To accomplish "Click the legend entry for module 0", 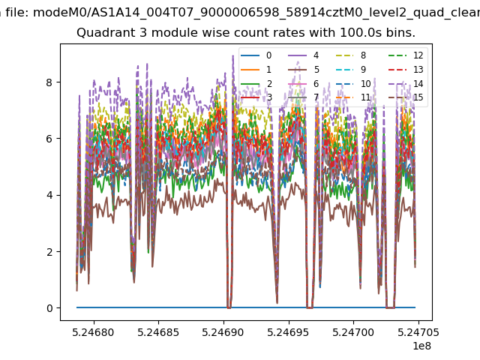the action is point(256,55).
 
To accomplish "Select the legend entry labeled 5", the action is point(303,70).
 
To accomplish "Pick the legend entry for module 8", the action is point(351,55).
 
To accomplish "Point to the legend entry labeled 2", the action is point(256,83).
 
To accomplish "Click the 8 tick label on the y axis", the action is point(49,82).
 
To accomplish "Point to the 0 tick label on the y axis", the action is point(49,308).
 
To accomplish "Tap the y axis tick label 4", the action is point(49,195).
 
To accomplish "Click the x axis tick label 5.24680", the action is point(93,332).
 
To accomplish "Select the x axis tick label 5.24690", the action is point(223,332).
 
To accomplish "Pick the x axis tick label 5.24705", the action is point(418,332).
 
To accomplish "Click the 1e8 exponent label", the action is point(421,346).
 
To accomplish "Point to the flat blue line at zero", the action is point(246,307).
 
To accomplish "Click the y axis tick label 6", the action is point(49,139).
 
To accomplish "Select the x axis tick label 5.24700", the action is point(353,332).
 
